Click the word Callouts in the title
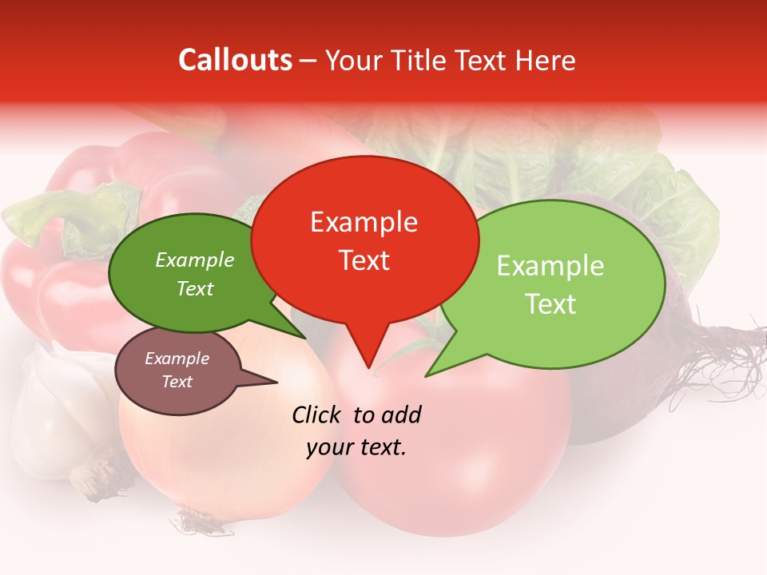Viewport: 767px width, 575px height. pos(235,61)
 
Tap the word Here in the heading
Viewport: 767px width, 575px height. pos(543,61)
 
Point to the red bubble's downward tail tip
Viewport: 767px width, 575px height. pos(368,367)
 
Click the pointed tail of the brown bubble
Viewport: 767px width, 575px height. pos(276,382)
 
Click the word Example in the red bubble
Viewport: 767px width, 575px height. pos(364,222)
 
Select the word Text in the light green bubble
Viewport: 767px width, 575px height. pos(550,304)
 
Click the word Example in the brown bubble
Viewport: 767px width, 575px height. pos(177,359)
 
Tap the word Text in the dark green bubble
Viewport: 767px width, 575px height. pos(195,289)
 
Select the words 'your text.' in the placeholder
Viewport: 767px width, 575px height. pos(356,447)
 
